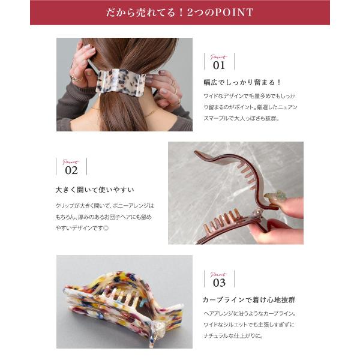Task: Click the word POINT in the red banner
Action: (x=234, y=13)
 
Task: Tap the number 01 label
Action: (x=219, y=65)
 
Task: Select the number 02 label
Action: (x=71, y=170)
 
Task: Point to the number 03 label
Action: (x=219, y=283)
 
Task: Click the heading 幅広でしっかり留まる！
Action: (x=242, y=82)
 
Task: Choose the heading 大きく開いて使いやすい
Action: (x=95, y=190)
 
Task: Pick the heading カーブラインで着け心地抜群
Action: (x=249, y=300)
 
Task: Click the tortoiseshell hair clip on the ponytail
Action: (x=121, y=82)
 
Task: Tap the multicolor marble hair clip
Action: (x=124, y=305)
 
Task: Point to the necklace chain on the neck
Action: (x=151, y=113)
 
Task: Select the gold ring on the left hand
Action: (x=77, y=79)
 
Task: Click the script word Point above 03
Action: (x=218, y=274)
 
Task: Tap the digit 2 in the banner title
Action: (x=190, y=13)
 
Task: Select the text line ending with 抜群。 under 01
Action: (x=242, y=118)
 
